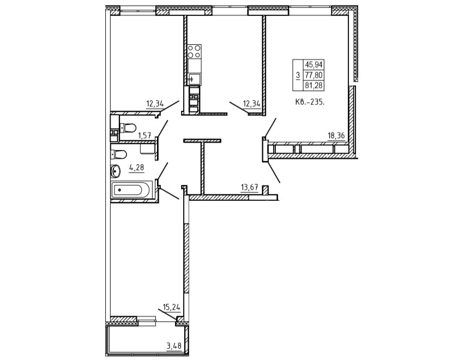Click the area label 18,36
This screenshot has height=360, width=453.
[336, 135]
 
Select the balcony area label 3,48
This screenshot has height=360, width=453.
[174, 345]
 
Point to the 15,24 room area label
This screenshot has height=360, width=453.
[172, 307]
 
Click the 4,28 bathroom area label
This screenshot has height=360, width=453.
[136, 167]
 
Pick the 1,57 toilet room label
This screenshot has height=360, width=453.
[145, 135]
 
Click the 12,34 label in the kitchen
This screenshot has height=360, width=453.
[252, 103]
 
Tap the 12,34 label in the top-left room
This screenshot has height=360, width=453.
[155, 103]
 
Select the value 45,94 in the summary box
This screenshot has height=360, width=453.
[313, 64]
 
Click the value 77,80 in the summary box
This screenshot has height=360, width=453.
[313, 75]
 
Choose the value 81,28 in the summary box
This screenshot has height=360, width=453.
[313, 85]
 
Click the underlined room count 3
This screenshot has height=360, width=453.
[298, 75]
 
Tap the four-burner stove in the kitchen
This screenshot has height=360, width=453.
[194, 51]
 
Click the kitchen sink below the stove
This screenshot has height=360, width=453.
[194, 79]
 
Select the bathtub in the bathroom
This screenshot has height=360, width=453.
[131, 190]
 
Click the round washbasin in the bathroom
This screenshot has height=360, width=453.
[115, 171]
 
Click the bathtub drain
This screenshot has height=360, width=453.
[119, 190]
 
